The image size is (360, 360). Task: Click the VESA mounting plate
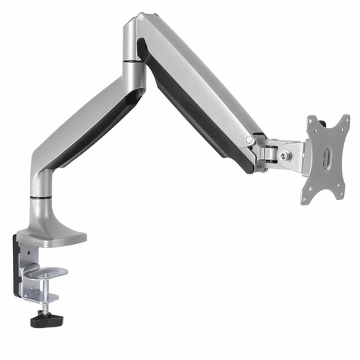click(326, 160)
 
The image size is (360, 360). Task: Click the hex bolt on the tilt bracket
click(284, 155)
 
